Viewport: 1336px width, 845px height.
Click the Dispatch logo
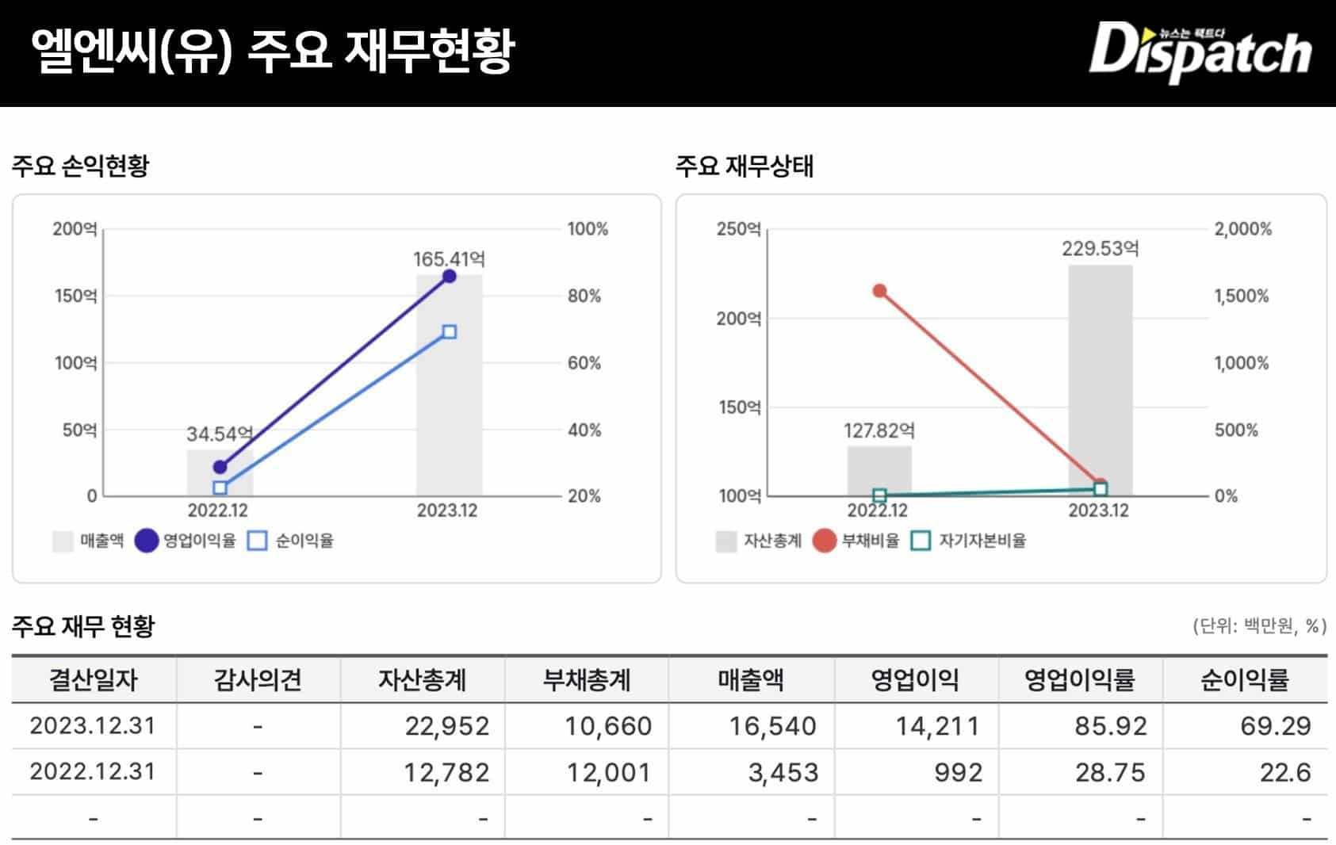click(x=1200, y=52)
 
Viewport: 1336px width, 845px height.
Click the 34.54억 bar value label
click(x=220, y=434)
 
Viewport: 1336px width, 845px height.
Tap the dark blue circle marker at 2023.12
click(x=449, y=276)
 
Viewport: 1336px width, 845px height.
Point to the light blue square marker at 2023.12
click(x=449, y=332)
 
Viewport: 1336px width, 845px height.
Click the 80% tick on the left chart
click(x=584, y=296)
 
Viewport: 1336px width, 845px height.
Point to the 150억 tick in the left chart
click(x=75, y=296)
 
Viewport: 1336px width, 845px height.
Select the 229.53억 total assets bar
click(x=1100, y=380)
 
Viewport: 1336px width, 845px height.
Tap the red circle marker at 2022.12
click(x=879, y=291)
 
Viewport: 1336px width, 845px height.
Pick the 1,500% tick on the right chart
click(x=1242, y=296)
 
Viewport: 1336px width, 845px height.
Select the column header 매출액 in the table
click(x=750, y=680)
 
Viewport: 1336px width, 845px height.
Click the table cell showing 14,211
click(x=937, y=726)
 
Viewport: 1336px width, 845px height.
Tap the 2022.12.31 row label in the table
click(x=93, y=772)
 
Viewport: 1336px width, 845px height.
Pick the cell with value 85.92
click(x=1110, y=726)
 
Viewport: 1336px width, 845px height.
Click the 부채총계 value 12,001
click(x=608, y=772)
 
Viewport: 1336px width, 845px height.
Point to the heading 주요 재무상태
click(x=744, y=166)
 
